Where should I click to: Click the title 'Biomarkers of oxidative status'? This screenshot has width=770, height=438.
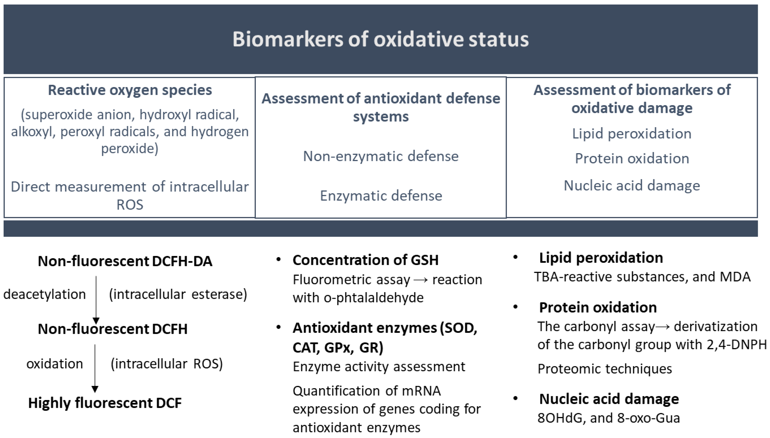pos(380,39)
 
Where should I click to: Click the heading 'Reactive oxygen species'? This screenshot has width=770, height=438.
pos(130,90)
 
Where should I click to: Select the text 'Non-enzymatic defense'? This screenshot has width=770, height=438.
pos(380,156)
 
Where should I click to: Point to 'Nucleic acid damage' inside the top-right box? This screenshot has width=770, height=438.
pos(632,186)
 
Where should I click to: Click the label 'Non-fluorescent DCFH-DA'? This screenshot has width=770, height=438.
pos(125,261)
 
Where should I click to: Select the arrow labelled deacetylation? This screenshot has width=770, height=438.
pos(96,299)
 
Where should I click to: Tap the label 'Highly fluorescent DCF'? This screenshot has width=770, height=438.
pos(105,403)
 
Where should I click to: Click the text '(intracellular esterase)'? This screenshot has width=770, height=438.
pos(178,294)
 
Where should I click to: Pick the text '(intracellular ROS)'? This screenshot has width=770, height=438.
pos(167,364)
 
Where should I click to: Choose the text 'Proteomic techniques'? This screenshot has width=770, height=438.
pos(605,369)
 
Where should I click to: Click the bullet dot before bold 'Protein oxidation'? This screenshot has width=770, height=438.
pos(515,307)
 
